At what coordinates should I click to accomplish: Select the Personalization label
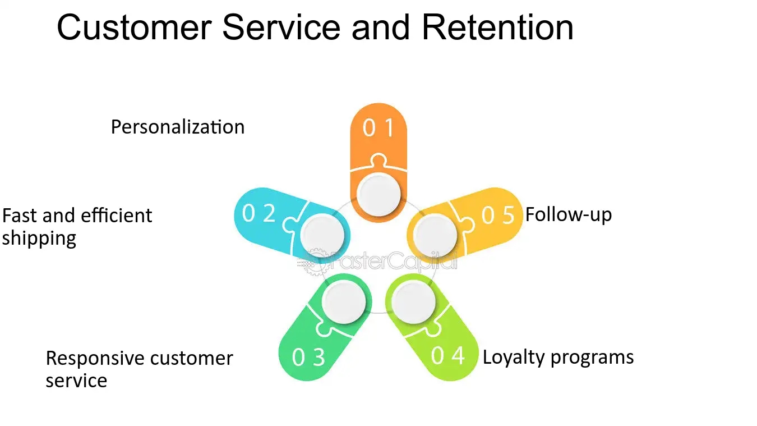coord(177,127)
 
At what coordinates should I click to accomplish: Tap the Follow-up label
coord(568,214)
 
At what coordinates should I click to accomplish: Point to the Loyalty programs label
coord(558,357)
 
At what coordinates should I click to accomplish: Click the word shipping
coord(39,239)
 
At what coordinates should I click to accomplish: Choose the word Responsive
coord(93,358)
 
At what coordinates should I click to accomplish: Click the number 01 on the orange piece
coord(378,129)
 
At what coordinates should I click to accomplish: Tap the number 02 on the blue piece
coord(259,213)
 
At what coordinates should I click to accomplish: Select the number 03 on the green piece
coord(308,357)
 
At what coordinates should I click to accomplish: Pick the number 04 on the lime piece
coord(448,355)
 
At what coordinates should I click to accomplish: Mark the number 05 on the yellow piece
coord(498,215)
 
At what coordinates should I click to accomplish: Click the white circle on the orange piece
coord(378,194)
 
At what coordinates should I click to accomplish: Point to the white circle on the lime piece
coord(414,303)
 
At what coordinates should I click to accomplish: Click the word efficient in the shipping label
coord(116,216)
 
